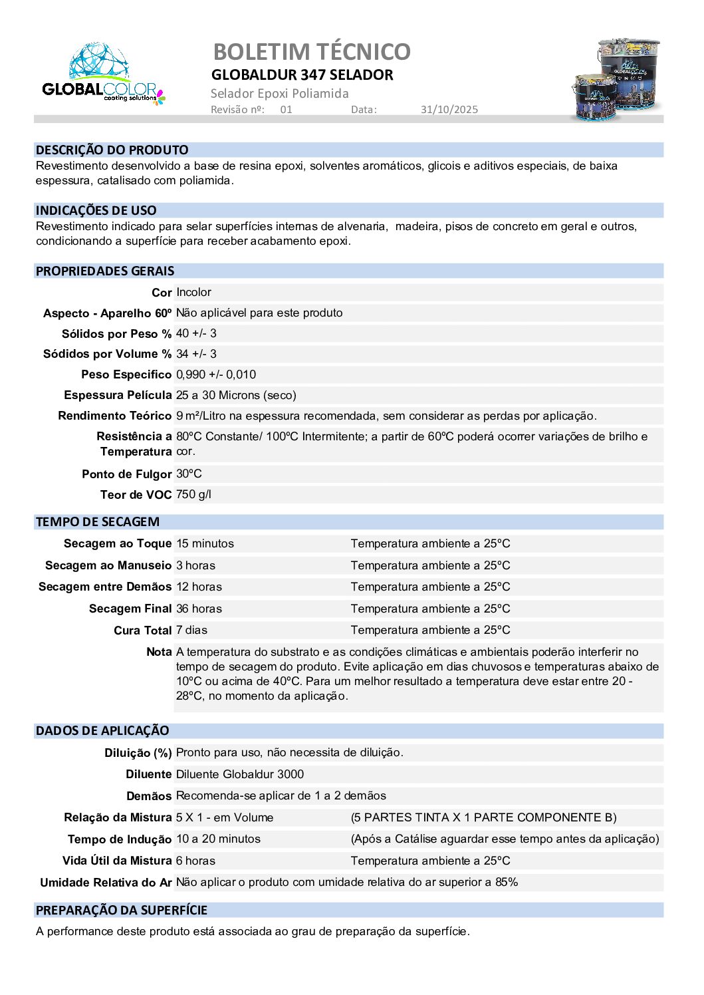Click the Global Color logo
(103, 74)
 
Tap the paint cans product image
(616, 80)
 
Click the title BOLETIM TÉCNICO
(311, 51)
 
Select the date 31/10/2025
(449, 110)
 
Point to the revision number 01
(286, 110)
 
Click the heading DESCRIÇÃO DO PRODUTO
(112, 150)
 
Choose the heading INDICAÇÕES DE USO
(96, 210)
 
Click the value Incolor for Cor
(193, 292)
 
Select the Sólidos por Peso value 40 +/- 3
(196, 333)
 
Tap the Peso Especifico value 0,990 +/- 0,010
(216, 374)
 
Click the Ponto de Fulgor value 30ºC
(189, 474)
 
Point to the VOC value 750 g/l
(193, 494)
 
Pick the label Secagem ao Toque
(118, 543)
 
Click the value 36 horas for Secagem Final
(199, 609)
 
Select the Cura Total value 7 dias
(191, 630)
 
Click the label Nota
(159, 652)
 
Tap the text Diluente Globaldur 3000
(239, 774)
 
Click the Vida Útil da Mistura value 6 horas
(195, 861)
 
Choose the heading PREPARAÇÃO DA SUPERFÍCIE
(122, 910)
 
